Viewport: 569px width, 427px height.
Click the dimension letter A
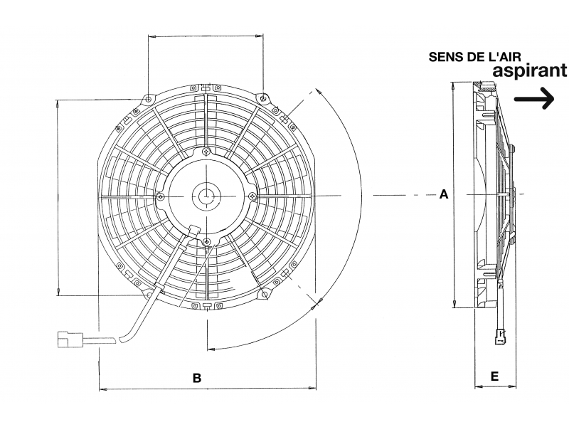(444, 194)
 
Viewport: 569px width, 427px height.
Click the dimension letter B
(197, 378)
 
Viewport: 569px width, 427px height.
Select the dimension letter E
(494, 376)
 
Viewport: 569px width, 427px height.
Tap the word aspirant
(529, 70)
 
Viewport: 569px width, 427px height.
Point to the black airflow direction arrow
(535, 98)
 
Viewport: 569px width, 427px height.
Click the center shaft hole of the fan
(206, 196)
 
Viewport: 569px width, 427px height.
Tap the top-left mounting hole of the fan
(148, 99)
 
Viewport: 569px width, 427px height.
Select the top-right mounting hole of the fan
(264, 97)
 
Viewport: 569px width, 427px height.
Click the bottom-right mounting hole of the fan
(265, 293)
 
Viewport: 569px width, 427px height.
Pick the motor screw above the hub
(206, 152)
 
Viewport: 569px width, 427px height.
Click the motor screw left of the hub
(161, 197)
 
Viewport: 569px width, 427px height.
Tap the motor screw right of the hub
(252, 196)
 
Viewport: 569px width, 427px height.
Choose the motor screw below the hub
(206, 241)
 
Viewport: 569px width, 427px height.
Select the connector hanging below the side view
(501, 336)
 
